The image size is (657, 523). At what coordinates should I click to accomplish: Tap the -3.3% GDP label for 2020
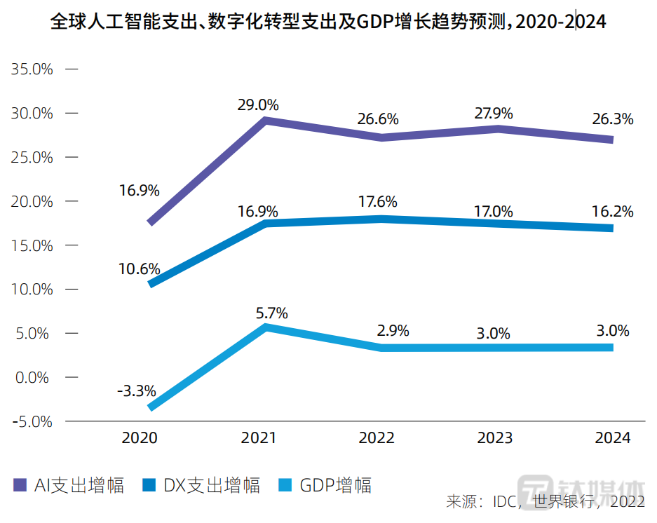137,390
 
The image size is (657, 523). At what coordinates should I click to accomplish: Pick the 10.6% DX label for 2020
140,269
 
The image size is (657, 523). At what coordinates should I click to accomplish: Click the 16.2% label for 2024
614,211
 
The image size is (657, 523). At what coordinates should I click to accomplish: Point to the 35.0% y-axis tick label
32,69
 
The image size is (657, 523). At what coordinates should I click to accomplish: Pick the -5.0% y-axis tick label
32,422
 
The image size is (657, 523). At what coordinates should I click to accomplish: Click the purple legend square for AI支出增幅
20,485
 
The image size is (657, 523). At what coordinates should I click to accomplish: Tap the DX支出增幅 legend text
212,485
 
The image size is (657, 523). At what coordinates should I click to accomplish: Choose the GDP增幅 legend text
336,485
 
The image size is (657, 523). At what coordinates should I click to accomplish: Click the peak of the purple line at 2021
266,121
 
